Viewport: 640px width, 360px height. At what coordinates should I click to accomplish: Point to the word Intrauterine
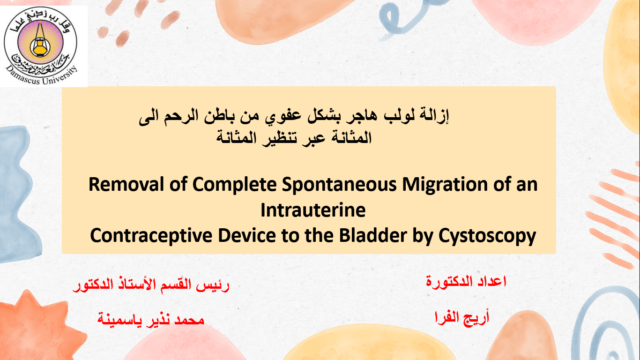[313, 210]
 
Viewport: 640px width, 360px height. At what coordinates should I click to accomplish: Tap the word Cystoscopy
[487, 236]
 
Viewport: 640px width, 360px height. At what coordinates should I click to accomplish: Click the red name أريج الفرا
[461, 317]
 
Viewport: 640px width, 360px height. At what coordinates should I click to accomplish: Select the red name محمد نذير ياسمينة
[151, 319]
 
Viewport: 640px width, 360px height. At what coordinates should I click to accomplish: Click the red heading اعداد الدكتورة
[466, 281]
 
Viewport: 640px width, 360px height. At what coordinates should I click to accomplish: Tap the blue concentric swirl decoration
[609, 329]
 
